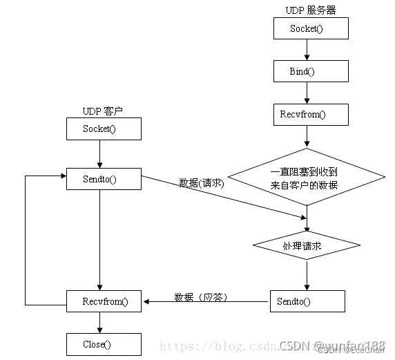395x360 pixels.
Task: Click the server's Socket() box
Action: point(310,28)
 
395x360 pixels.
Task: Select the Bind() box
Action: point(310,71)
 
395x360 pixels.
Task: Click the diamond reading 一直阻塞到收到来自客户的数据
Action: point(307,177)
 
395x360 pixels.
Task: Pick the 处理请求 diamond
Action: point(307,246)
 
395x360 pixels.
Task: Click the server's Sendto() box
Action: point(307,301)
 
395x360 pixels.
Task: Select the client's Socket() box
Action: point(103,129)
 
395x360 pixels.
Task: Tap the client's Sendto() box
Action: point(103,179)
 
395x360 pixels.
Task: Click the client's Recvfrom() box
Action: point(103,301)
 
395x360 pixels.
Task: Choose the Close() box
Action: point(103,344)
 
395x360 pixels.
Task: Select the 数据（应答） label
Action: point(201,297)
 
